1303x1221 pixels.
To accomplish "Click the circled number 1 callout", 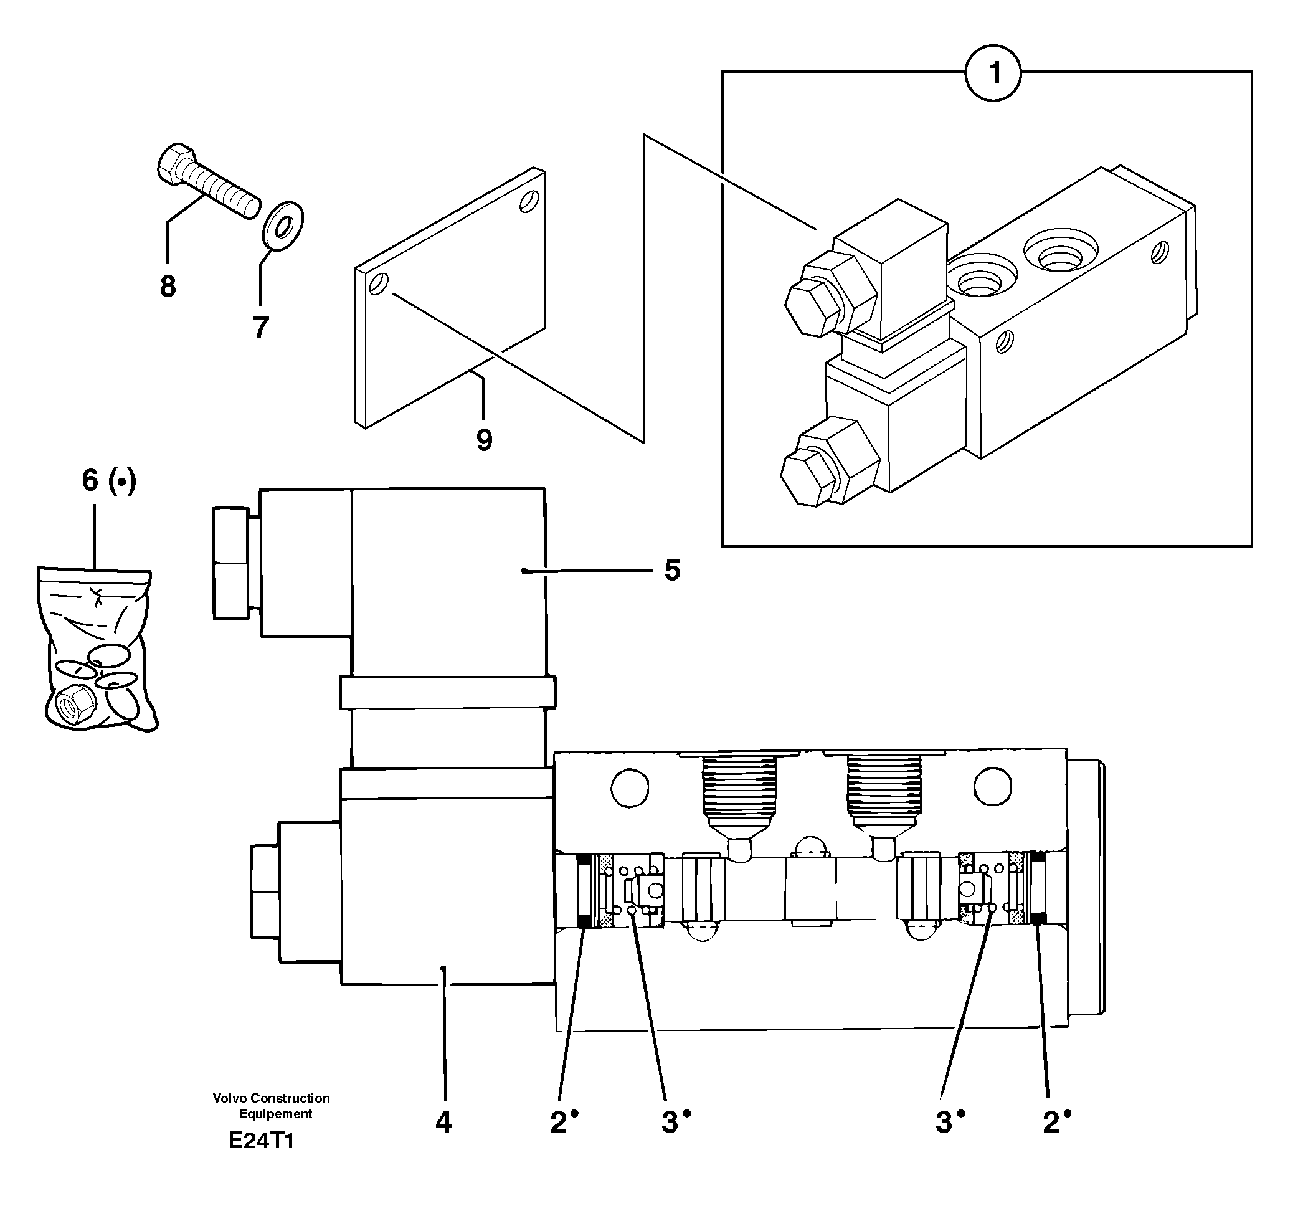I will pyautogui.click(x=993, y=73).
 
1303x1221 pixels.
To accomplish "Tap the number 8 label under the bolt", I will pyautogui.click(x=168, y=287).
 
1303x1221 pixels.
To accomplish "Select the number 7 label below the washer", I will pyautogui.click(x=261, y=327).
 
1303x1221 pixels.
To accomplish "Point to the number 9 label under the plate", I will pyautogui.click(x=485, y=440).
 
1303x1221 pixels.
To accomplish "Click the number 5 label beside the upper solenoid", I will pyautogui.click(x=673, y=570).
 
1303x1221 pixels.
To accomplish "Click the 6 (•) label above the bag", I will pyautogui.click(x=109, y=481).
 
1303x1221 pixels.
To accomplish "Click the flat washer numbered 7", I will pyautogui.click(x=284, y=227).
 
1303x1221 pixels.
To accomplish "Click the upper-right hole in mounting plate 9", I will pyautogui.click(x=528, y=201).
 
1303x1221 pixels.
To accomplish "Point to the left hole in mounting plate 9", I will pyautogui.click(x=379, y=284).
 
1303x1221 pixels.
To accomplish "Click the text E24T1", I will pyautogui.click(x=261, y=1159).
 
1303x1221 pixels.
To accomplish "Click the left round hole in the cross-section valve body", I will pyautogui.click(x=630, y=787).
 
